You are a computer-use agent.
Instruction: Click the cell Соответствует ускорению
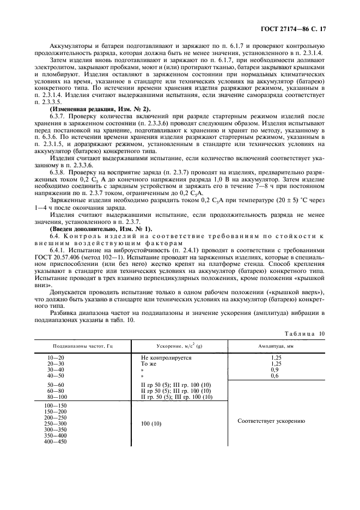[x=271, y=421]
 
